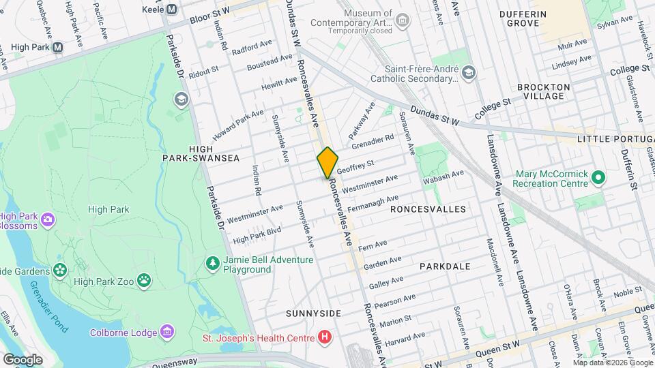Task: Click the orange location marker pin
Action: [x=327, y=162]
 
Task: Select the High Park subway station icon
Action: [x=57, y=47]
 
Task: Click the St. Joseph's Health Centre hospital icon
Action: [x=325, y=337]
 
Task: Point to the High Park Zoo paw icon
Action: [x=144, y=279]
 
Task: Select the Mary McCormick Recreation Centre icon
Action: [x=598, y=179]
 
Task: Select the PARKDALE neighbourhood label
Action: [x=445, y=266]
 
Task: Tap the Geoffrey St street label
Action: [x=355, y=165]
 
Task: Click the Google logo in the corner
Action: [x=23, y=359]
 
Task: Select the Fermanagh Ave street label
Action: [x=373, y=202]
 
